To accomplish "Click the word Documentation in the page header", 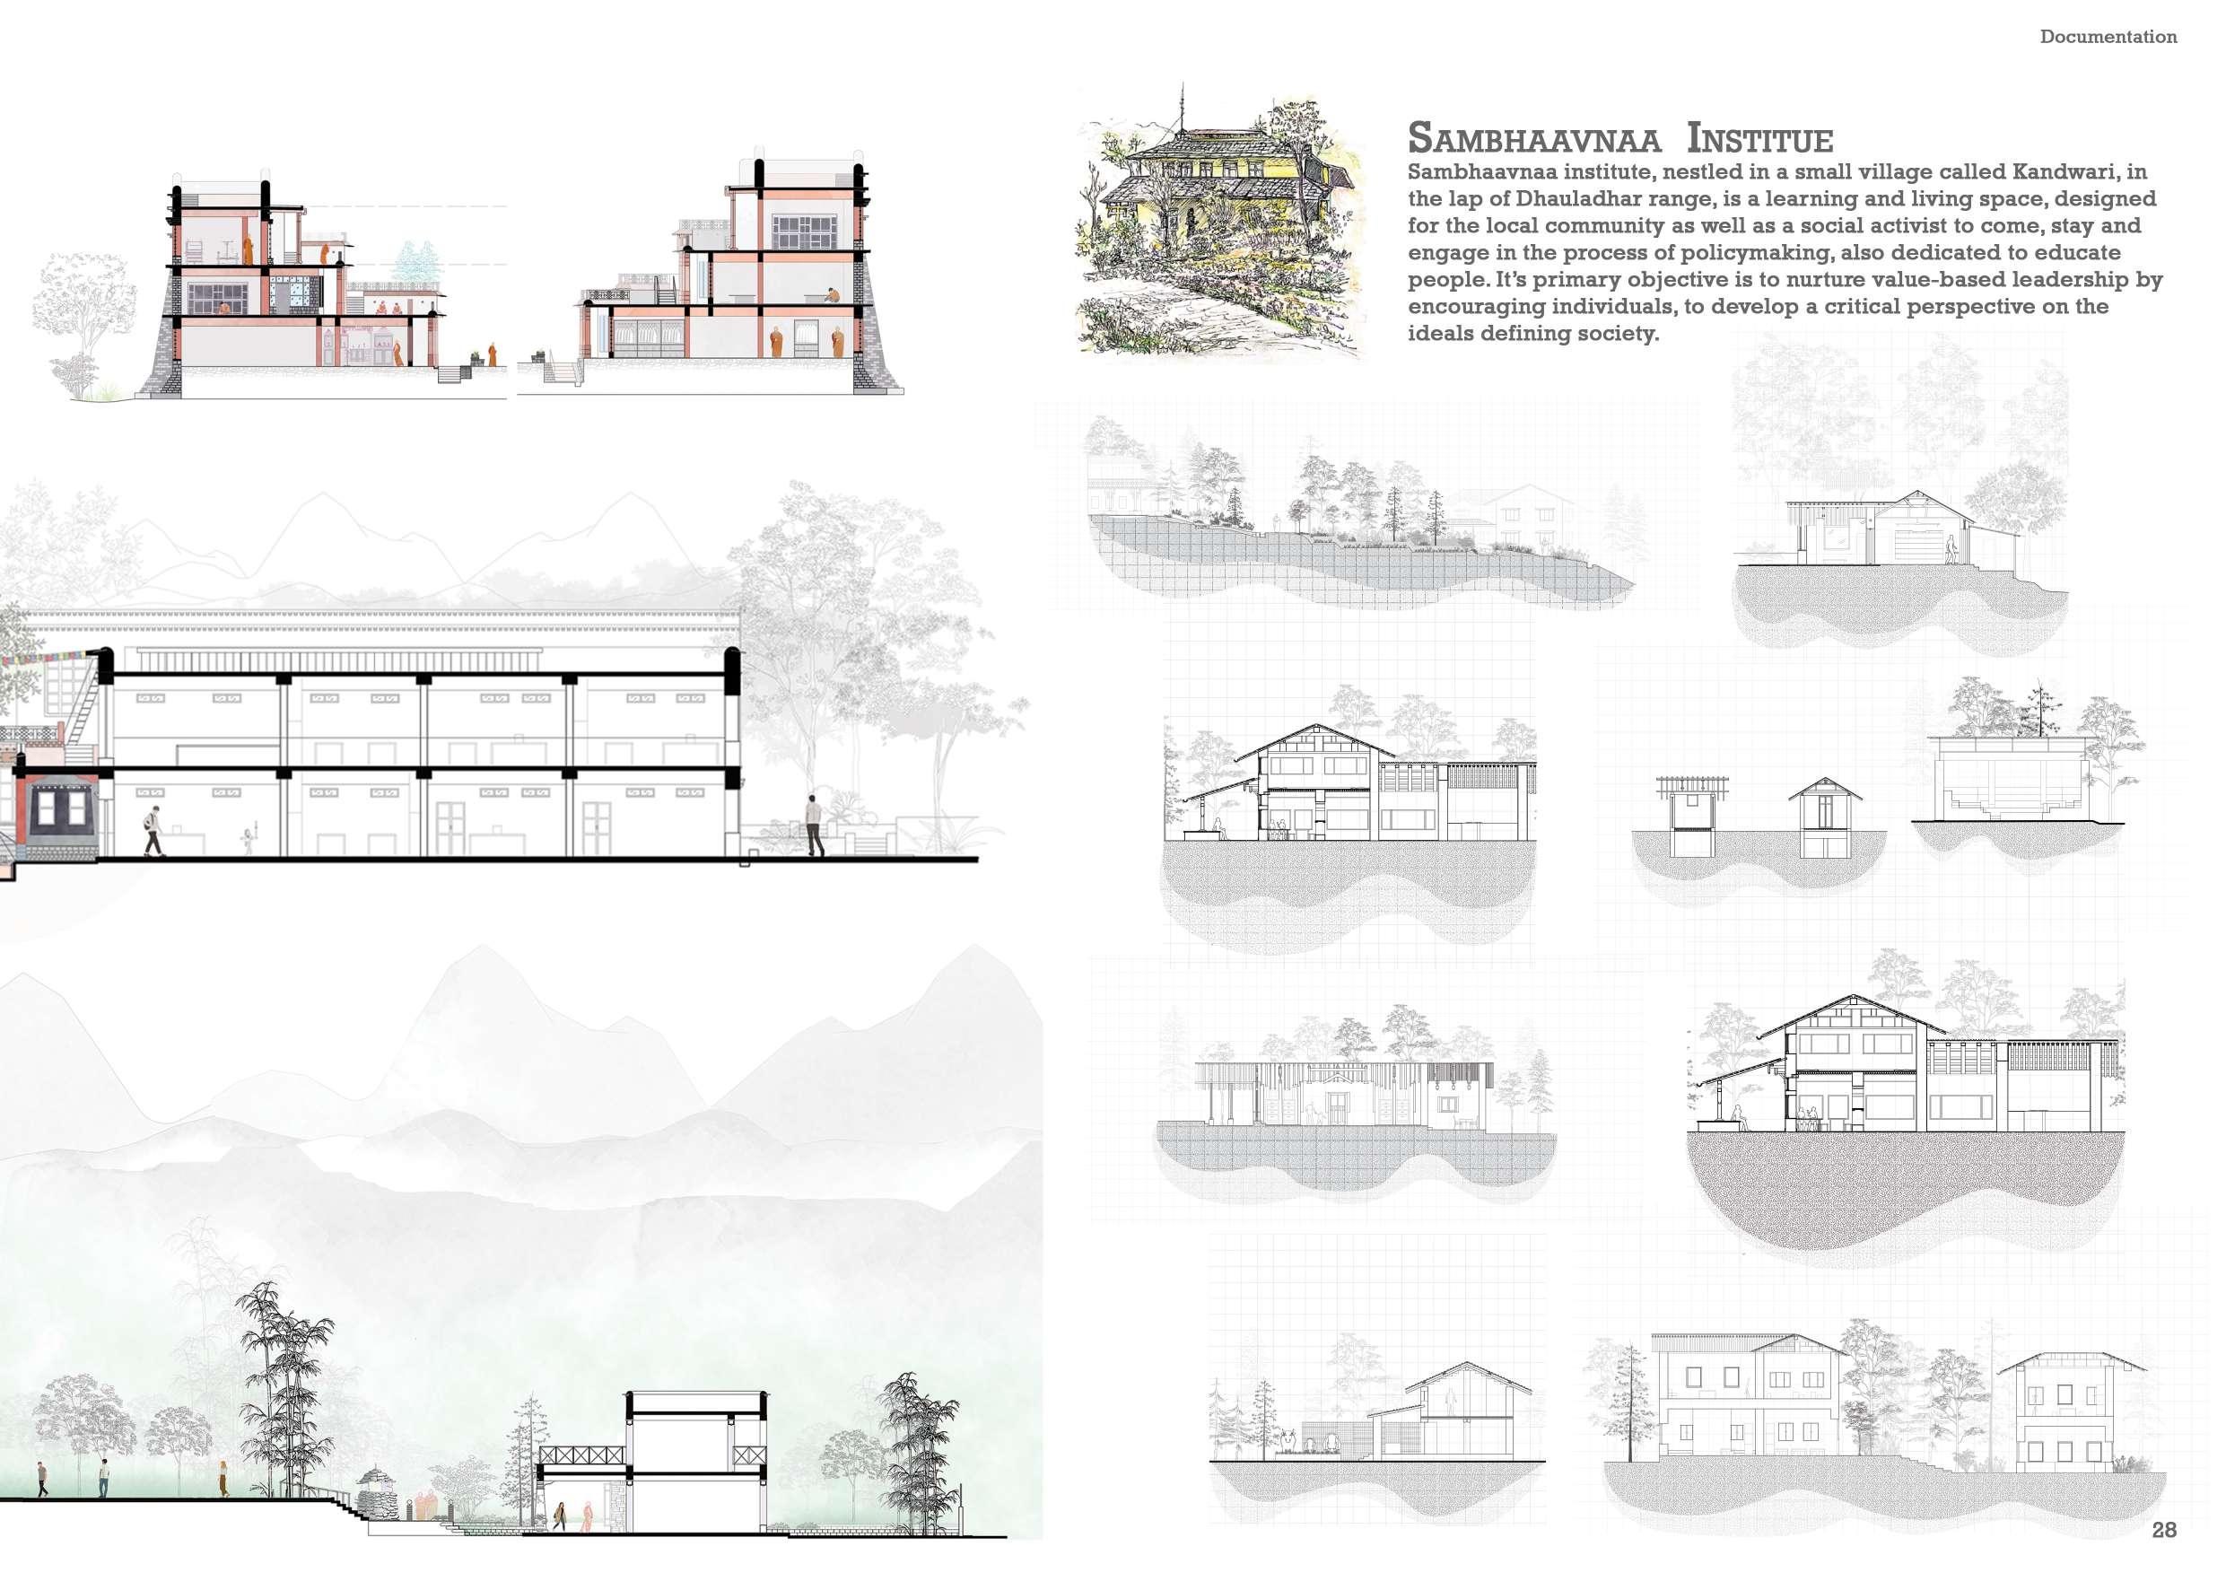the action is point(2108,37).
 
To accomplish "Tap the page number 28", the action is point(2163,1529).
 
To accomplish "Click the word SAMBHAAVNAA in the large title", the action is point(1533,139).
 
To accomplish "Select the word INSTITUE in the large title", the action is point(1759,139).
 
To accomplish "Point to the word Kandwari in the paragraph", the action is point(2066,172).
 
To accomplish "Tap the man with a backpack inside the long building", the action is point(153,832).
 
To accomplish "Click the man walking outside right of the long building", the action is point(814,825).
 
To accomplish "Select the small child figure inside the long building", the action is point(248,840).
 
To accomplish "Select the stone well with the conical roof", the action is point(376,1491).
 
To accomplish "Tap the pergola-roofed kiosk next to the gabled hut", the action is point(1690,815).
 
